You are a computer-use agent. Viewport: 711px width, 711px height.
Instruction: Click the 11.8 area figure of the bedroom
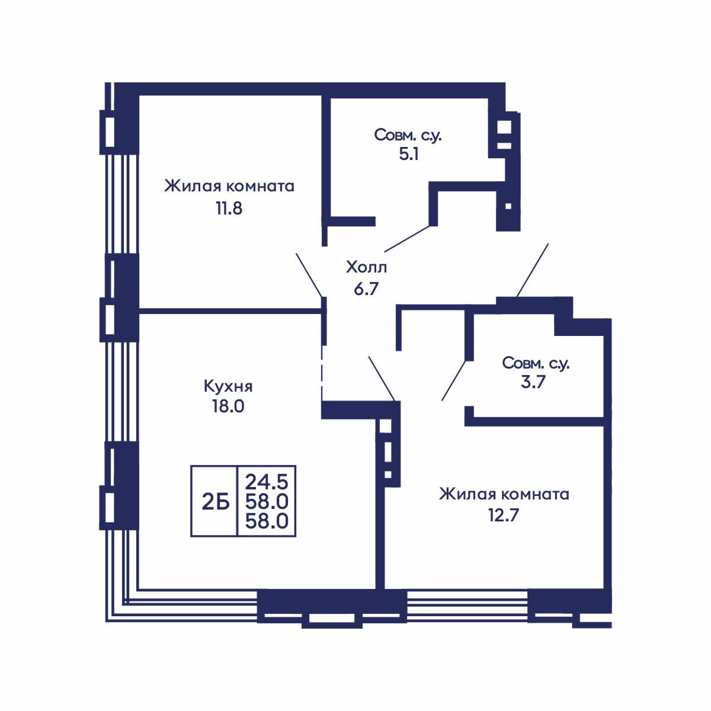[x=229, y=209]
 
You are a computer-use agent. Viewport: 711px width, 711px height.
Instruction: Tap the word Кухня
[x=228, y=386]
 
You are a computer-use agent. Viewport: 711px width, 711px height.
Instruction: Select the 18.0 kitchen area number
[x=228, y=406]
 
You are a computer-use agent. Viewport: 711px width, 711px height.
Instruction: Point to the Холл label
[x=366, y=267]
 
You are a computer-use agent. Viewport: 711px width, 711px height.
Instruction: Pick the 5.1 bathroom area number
[x=409, y=154]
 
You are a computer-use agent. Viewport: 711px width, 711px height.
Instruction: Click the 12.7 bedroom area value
[x=504, y=515]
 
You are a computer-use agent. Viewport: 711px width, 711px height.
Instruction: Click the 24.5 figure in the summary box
[x=267, y=482]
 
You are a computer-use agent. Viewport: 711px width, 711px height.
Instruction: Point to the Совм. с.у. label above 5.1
[x=408, y=135]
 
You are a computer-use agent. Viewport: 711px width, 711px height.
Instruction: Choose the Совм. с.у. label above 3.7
[x=536, y=363]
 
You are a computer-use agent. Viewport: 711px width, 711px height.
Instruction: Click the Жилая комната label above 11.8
[x=229, y=186]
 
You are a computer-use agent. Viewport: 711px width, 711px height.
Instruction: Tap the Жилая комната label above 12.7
[x=504, y=494]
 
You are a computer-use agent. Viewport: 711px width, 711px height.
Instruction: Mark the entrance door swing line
[x=533, y=270]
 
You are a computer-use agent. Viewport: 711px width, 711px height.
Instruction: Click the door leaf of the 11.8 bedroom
[x=310, y=275]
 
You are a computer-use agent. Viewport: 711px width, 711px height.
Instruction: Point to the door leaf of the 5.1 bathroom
[x=408, y=239]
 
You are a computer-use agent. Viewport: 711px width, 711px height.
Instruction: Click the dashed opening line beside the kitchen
[x=322, y=373]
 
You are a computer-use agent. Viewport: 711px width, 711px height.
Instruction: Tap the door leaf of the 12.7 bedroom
[x=382, y=379]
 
